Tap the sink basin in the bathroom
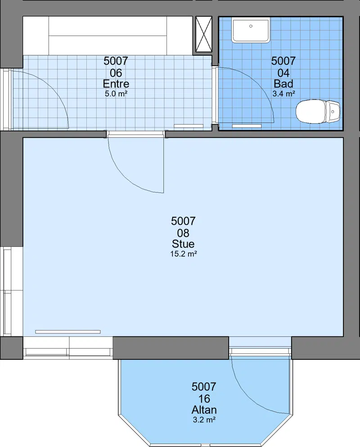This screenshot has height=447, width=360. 251,30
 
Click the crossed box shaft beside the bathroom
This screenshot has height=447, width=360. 204,34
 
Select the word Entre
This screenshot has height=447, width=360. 116,84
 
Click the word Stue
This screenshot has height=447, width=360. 183,244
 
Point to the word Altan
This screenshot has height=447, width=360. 204,410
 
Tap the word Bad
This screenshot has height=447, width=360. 283,84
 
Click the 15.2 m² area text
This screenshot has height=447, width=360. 184,254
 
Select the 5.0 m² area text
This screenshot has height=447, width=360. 116,94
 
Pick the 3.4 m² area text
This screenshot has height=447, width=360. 283,94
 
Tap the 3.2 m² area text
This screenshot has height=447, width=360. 204,420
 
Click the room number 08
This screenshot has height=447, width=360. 183,233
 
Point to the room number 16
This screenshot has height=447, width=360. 204,399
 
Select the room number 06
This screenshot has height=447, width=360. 116,73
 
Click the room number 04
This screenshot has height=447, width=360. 283,73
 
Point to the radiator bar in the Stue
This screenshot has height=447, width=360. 68,332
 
